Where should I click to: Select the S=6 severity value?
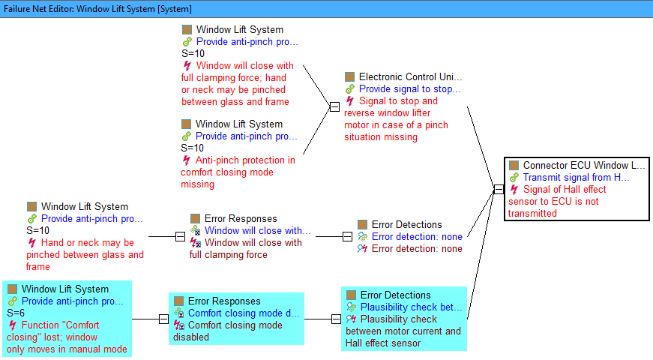point(16,313)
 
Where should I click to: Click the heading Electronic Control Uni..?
point(410,77)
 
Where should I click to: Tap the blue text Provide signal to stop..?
point(409,89)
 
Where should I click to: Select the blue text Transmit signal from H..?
point(577,178)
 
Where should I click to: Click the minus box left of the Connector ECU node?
point(499,189)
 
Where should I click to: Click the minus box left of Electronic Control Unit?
point(334,106)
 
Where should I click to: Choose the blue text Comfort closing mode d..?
point(244,313)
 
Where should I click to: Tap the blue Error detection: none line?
point(417,237)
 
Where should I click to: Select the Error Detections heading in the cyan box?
point(395,295)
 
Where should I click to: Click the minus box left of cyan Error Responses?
point(163,319)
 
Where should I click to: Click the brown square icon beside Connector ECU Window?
point(514,166)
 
